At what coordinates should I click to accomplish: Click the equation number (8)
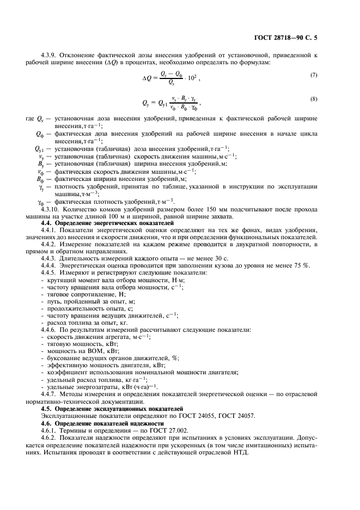pyautogui.click(x=313, y=98)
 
